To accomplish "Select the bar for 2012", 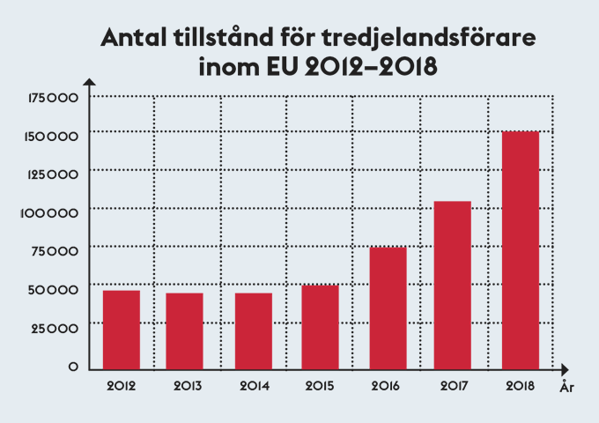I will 121,328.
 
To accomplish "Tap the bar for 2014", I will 254,330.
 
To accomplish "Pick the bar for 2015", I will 320,325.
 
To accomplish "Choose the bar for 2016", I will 387,307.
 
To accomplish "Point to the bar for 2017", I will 453,284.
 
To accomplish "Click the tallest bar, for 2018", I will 520,249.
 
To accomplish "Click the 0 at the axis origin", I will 74,367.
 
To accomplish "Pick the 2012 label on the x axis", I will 121,386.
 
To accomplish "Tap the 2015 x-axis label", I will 320,386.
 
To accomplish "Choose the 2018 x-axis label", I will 520,386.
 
